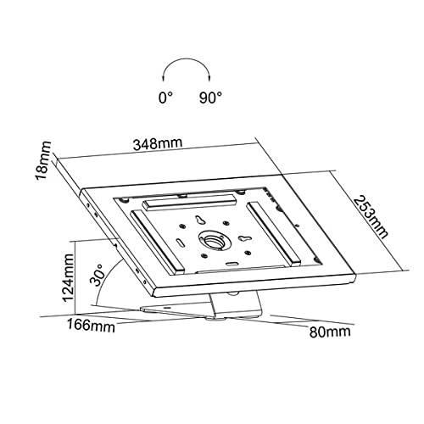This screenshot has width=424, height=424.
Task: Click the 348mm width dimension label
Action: (x=158, y=143)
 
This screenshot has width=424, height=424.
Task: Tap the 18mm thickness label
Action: (x=43, y=160)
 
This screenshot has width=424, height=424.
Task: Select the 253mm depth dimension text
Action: (x=371, y=217)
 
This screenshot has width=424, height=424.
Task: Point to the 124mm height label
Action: (x=68, y=278)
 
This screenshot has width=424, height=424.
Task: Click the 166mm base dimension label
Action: (x=91, y=325)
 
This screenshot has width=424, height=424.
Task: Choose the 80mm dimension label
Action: (x=330, y=332)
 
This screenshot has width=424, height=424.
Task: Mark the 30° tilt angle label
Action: (x=97, y=275)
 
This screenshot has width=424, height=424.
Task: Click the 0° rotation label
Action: (x=165, y=98)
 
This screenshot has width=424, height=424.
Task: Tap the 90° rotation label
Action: (x=210, y=98)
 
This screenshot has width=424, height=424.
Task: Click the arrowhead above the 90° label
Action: (x=209, y=78)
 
